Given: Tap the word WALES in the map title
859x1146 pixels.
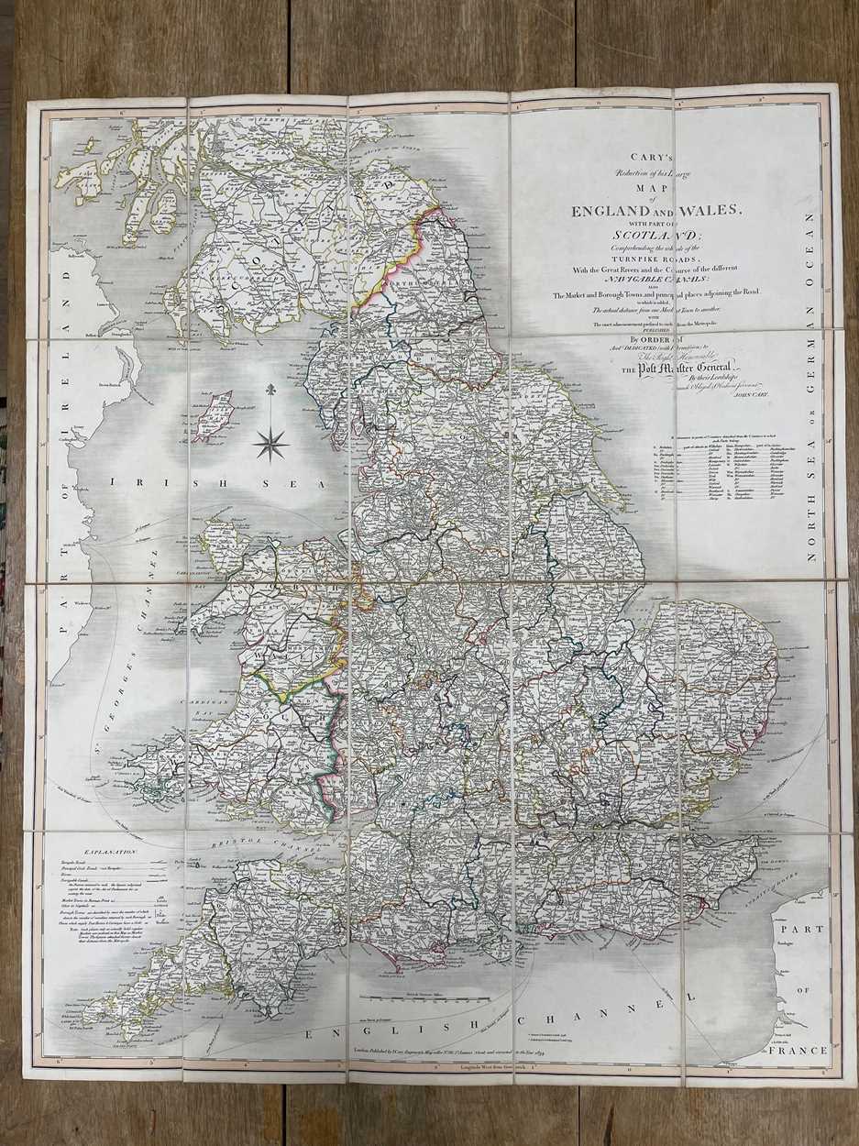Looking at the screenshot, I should coord(701,211).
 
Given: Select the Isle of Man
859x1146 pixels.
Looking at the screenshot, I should coord(213,413).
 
